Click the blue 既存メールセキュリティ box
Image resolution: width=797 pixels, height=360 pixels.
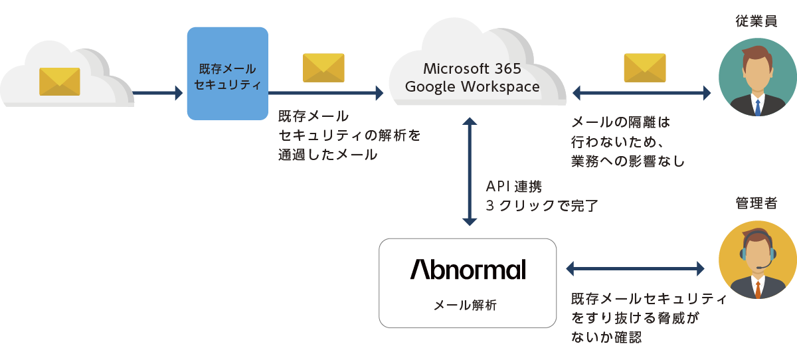[227, 74]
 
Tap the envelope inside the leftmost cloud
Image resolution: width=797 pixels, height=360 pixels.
[60, 81]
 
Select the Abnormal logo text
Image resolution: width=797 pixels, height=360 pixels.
[468, 269]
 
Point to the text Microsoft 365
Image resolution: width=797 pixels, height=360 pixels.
[472, 68]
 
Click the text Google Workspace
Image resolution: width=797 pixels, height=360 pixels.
[472, 86]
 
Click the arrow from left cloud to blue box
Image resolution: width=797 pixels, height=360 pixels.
[158, 93]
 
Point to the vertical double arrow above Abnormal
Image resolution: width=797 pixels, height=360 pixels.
[470, 172]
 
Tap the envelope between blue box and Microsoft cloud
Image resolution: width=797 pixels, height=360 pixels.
[323, 68]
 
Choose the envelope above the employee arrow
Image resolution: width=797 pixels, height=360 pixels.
[644, 68]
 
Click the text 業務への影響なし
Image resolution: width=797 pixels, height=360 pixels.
[628, 161]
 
